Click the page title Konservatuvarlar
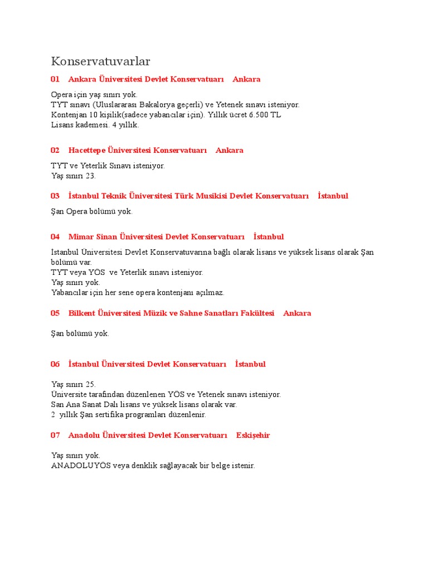click(x=101, y=61)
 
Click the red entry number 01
click(x=55, y=79)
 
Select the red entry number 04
click(x=55, y=237)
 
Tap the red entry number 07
click(x=55, y=435)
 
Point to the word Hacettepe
click(x=86, y=150)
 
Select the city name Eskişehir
click(x=253, y=435)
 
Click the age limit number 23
click(x=91, y=176)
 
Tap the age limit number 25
click(x=91, y=384)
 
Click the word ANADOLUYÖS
click(x=82, y=465)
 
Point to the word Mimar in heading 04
click(x=79, y=237)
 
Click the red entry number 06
click(x=55, y=364)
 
